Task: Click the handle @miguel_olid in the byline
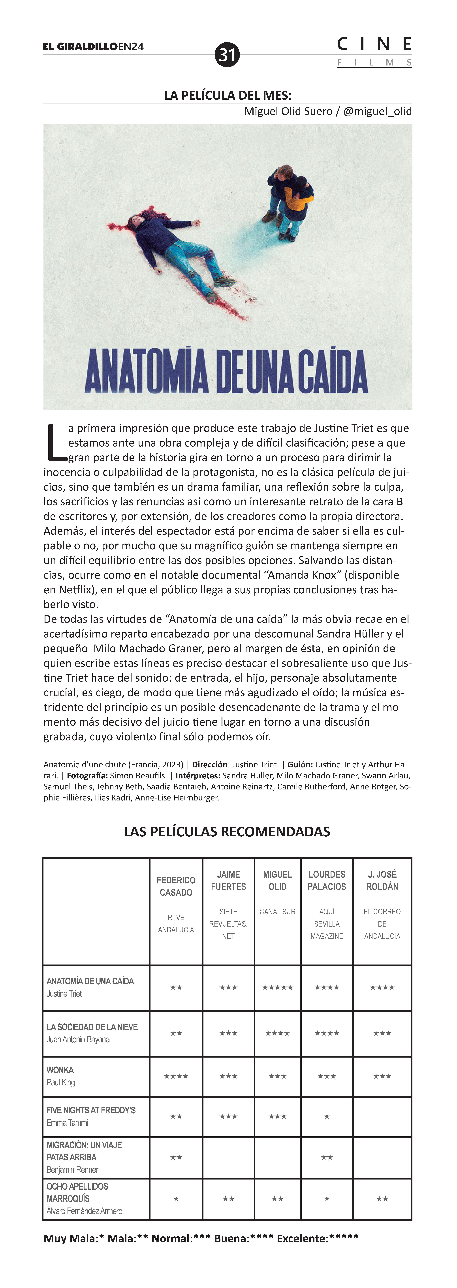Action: point(378,111)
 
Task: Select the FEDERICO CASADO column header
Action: point(176,886)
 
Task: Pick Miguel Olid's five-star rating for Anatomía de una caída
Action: point(278,987)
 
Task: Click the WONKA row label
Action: point(60,1070)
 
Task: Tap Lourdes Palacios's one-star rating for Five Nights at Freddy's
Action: point(327,1116)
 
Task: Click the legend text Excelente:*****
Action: point(318,1239)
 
